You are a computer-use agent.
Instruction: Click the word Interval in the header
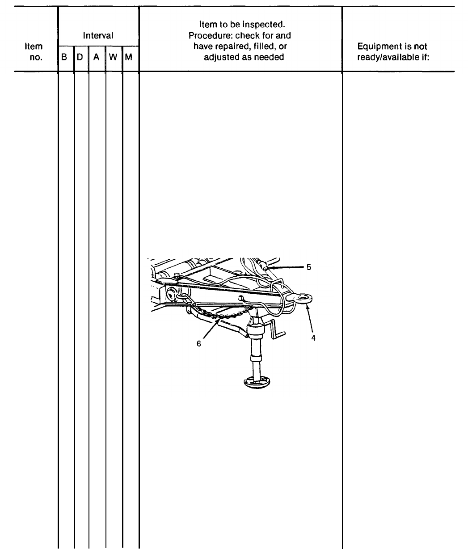98,35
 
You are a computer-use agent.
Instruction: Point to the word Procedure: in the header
208,35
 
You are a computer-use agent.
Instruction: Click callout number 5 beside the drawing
308,267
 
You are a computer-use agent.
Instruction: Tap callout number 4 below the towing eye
313,338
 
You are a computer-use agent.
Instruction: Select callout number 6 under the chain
199,344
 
